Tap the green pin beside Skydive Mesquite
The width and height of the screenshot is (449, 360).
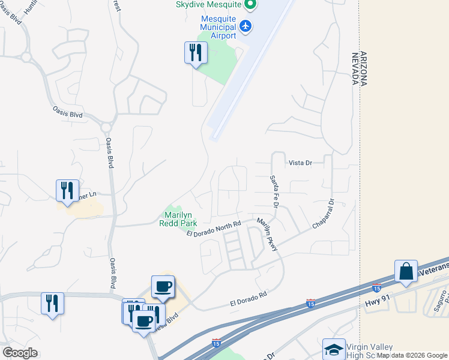(252, 4)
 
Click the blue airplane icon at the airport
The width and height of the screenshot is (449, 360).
(245, 26)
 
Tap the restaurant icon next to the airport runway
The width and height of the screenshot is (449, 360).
(195, 53)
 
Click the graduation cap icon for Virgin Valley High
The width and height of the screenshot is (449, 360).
(334, 349)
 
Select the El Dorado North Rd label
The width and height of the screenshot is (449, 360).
(213, 229)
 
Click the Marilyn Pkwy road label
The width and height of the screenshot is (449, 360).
(267, 235)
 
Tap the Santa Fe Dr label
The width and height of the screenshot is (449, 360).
(274, 191)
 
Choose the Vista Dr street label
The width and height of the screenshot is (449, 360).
(301, 163)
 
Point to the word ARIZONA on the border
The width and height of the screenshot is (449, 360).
(363, 70)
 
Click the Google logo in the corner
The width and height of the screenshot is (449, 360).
(20, 353)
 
